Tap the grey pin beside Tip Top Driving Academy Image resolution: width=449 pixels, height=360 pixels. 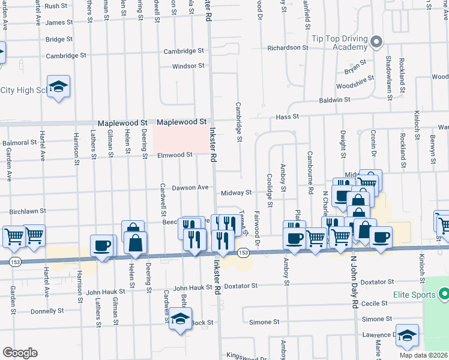pos(376,42)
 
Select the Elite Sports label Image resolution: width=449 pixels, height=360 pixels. pos(414,295)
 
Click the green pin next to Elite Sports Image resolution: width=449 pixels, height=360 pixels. pos(444,295)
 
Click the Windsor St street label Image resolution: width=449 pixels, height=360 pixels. pos(188,66)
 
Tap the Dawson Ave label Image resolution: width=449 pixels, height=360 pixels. pos(190,188)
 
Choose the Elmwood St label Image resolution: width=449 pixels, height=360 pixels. pos(175,155)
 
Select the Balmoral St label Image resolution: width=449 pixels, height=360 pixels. pos(20,143)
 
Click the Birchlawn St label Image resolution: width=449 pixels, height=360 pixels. pos(29,211)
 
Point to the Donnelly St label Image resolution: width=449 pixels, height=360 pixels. pos(47,311)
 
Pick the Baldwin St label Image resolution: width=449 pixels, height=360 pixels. pos(334,100)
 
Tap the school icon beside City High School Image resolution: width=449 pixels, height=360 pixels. pos(59,87)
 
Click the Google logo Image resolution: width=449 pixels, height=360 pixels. pos(20,353)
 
